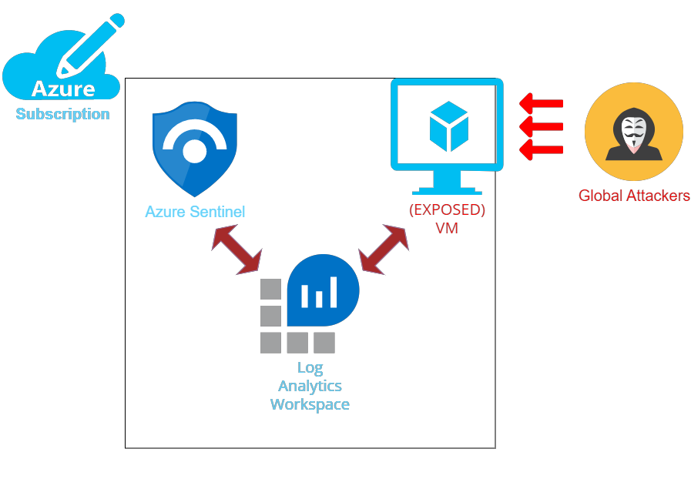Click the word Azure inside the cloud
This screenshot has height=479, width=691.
click(x=63, y=89)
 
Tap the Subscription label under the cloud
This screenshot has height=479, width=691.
click(x=62, y=115)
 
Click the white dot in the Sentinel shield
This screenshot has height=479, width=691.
click(x=195, y=151)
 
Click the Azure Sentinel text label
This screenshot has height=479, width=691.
click(x=195, y=212)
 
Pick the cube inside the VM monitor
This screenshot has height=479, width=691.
click(x=448, y=126)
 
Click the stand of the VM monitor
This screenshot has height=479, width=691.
click(x=447, y=183)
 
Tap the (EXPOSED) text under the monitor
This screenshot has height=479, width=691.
click(x=447, y=210)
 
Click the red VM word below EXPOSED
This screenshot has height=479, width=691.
click(x=447, y=228)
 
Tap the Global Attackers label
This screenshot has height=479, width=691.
click(x=634, y=196)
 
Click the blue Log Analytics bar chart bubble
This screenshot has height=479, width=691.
click(x=323, y=290)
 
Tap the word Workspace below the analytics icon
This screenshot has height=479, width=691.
click(x=310, y=404)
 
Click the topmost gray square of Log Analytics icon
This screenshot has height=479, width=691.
click(x=270, y=289)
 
